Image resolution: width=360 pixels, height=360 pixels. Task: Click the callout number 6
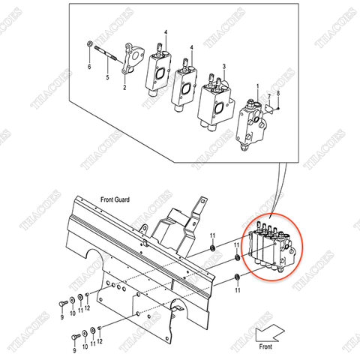pyautogui.click(x=88, y=67)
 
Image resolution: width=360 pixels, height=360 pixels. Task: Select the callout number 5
pyautogui.click(x=107, y=77)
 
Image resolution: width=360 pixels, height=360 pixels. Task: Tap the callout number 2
pyautogui.click(x=124, y=88)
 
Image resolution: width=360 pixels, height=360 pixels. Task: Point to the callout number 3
pyautogui.click(x=223, y=66)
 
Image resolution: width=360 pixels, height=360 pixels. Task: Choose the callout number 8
pyautogui.click(x=278, y=92)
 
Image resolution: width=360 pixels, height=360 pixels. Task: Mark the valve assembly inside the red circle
pyautogui.click(x=270, y=248)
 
